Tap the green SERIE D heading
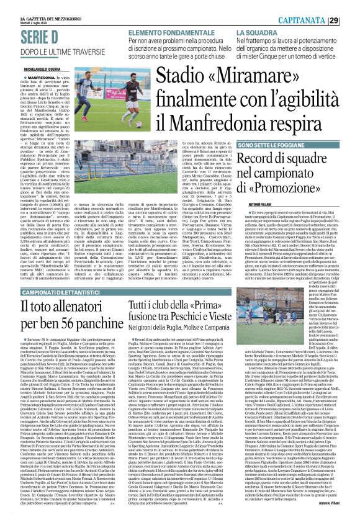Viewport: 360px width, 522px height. click(29, 37)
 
